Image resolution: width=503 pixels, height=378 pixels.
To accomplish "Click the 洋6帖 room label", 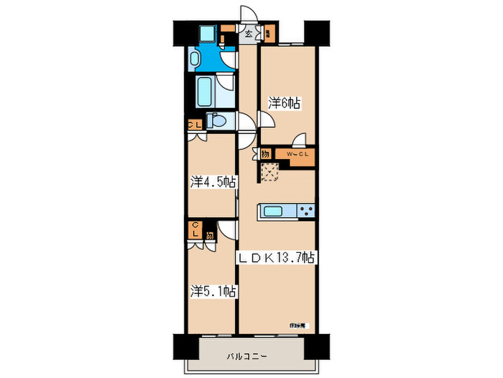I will [285, 104].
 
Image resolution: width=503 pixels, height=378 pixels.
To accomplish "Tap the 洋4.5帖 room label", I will [214, 182].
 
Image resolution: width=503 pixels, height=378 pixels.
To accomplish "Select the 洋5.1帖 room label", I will [214, 292].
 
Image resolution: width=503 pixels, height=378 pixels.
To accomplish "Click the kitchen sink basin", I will [273, 211].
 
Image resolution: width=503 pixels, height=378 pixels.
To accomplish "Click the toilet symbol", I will [218, 120].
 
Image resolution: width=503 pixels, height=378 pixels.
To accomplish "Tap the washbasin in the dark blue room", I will [195, 58].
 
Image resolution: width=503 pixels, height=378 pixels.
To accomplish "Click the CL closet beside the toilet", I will [194, 124].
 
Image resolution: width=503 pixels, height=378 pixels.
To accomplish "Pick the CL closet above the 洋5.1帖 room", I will [195, 230].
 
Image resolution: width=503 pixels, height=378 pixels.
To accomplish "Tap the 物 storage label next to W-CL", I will [265, 154].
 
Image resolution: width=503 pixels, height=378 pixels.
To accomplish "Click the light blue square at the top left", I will [207, 33].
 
